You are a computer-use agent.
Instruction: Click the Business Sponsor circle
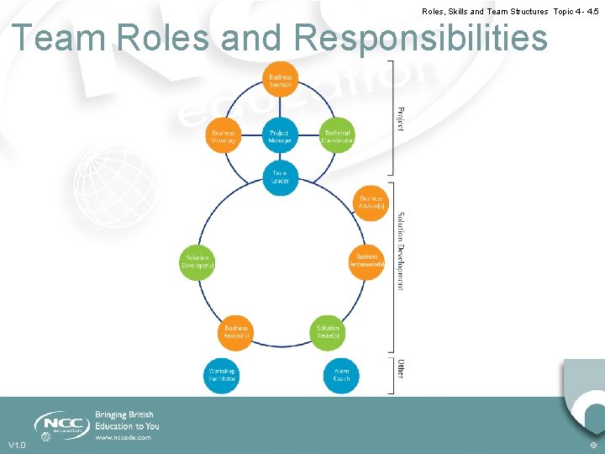(280, 80)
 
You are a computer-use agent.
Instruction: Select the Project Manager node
(279, 136)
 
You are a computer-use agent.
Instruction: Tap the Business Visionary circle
(223, 136)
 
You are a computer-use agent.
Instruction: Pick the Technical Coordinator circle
(337, 136)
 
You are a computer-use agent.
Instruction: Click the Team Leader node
(280, 177)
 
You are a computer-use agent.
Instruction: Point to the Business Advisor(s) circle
(371, 203)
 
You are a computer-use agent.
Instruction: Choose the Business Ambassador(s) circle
(367, 260)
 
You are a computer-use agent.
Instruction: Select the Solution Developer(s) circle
(197, 261)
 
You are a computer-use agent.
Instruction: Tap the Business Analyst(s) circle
(235, 332)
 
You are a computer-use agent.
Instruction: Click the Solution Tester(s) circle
(328, 332)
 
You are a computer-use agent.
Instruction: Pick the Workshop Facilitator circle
(223, 375)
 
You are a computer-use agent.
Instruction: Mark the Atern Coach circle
(342, 375)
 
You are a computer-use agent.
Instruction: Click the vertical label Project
(400, 118)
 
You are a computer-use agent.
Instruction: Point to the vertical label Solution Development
(400, 251)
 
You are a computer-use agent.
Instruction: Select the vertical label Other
(401, 369)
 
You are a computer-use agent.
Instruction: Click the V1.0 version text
(17, 445)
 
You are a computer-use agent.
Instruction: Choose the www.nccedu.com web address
(123, 437)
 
